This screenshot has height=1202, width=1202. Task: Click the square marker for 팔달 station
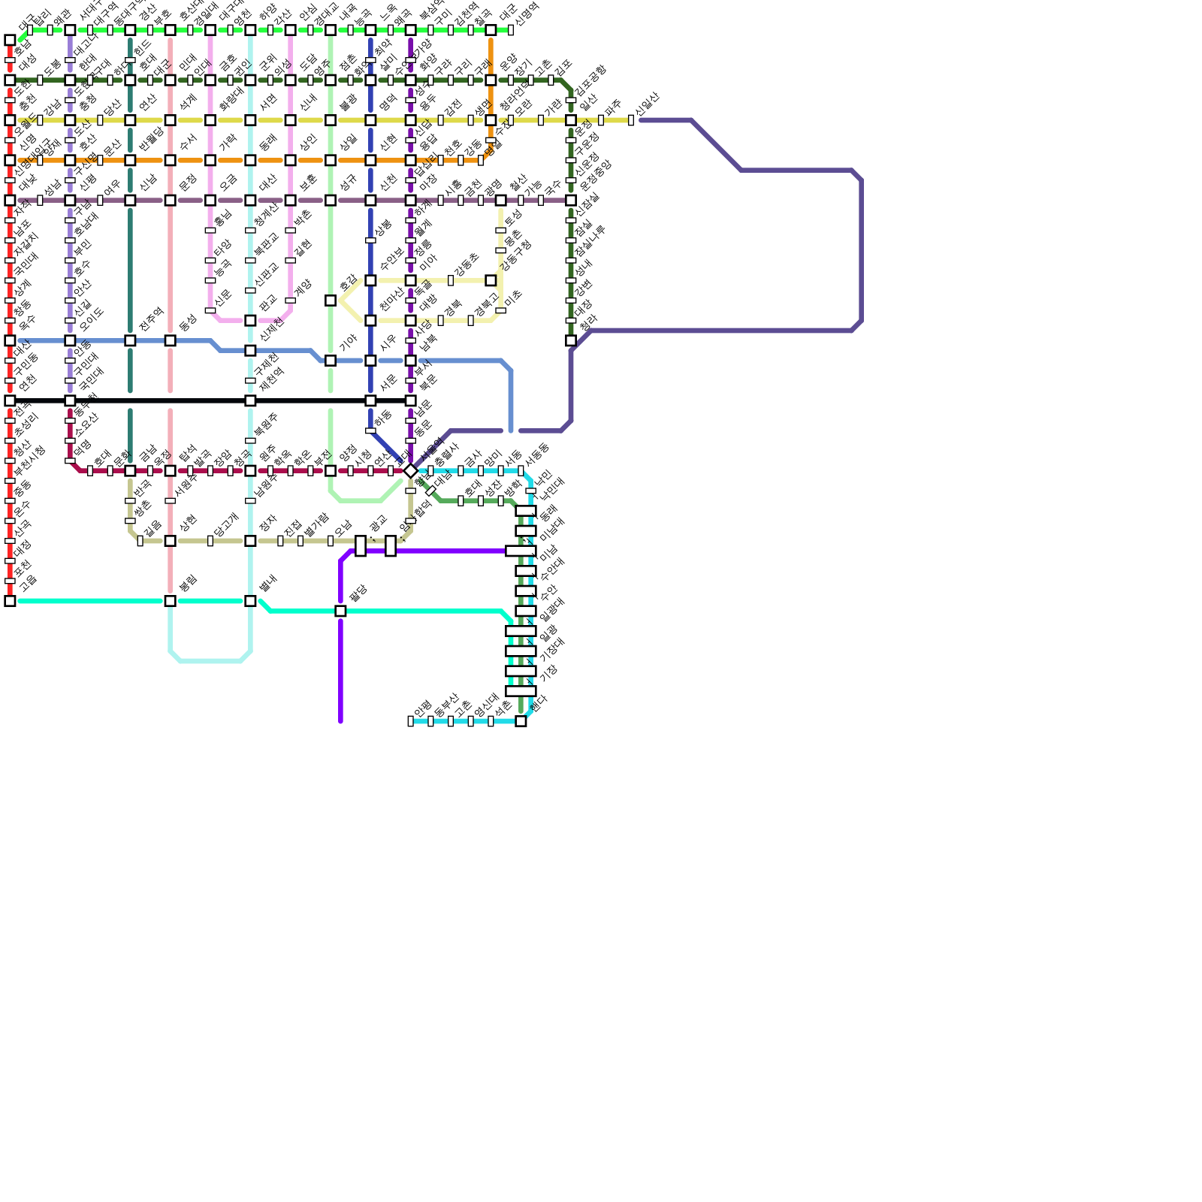340,612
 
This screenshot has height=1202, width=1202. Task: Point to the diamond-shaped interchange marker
410,471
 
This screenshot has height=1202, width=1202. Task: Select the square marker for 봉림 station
171,601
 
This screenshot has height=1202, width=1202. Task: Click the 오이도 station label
91,319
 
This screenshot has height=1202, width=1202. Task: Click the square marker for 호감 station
331,300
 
